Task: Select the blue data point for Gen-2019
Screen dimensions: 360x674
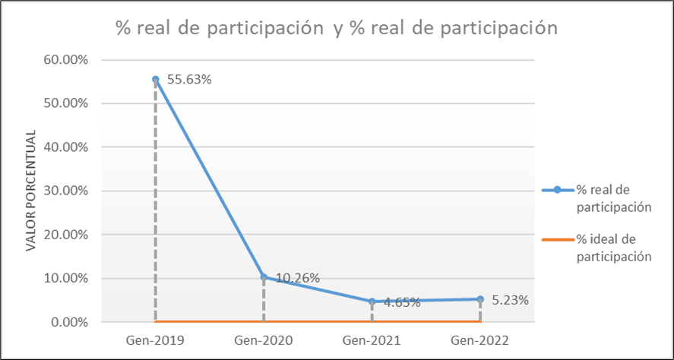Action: (155, 79)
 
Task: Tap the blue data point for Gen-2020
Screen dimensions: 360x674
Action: (264, 276)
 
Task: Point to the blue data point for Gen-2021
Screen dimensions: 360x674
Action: (372, 302)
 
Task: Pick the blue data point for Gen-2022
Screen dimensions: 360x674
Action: (480, 298)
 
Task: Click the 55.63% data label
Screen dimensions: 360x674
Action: (190, 79)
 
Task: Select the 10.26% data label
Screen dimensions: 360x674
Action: (297, 279)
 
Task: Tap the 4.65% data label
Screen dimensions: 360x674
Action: (402, 302)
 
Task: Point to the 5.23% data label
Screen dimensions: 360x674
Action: (509, 299)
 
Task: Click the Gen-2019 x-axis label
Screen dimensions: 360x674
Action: (155, 339)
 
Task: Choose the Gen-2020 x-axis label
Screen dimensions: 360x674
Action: (264, 339)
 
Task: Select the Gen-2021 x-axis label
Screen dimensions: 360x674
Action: (372, 339)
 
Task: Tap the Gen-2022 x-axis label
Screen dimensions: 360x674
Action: (480, 339)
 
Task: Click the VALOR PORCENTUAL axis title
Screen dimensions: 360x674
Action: (31, 191)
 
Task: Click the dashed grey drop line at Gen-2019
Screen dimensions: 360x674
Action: (155, 205)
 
